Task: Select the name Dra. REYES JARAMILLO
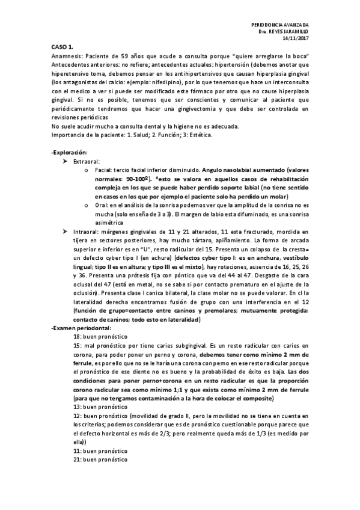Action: [284, 30]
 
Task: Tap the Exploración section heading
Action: [71, 154]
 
